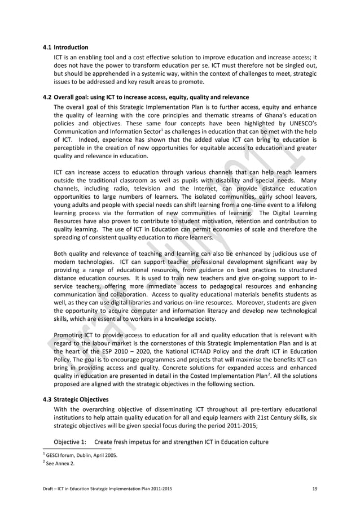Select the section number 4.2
pyautogui.click(x=47, y=95)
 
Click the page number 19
pyautogui.click(x=314, y=487)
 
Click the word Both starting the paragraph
pyautogui.click(x=63, y=252)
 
